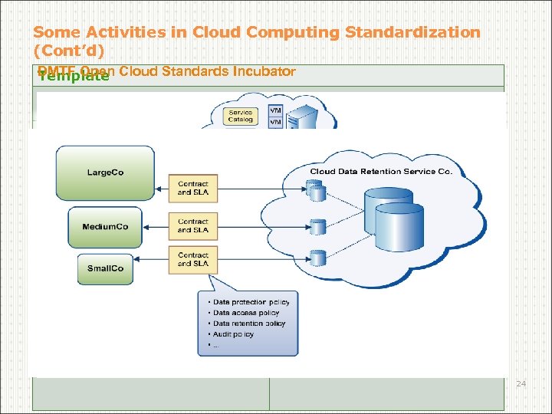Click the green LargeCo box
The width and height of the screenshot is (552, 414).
click(x=105, y=172)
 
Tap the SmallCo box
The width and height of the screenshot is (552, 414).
click(x=105, y=269)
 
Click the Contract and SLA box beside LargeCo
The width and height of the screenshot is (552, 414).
click(x=193, y=188)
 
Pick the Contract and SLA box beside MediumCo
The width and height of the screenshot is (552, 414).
click(x=193, y=225)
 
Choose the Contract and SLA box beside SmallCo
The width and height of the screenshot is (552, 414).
click(x=193, y=259)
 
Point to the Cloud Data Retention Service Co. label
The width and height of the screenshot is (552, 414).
click(x=381, y=171)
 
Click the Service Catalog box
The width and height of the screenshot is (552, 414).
click(x=240, y=116)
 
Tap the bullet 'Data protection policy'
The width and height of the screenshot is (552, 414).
click(x=251, y=302)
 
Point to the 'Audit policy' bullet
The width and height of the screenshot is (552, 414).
click(x=233, y=334)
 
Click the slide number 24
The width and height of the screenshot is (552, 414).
click(x=521, y=383)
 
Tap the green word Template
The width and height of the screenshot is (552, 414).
click(x=74, y=76)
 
